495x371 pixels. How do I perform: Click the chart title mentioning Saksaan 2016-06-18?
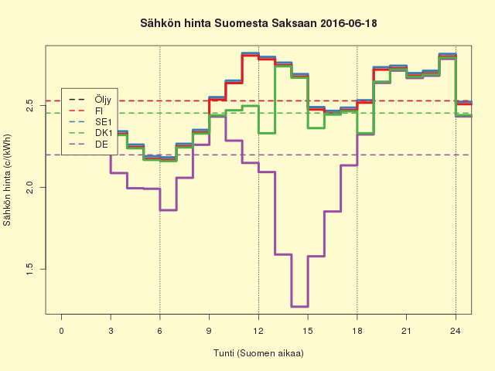[x=258, y=24]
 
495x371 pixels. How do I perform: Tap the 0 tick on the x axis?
[x=62, y=331]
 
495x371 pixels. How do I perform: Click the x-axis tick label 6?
[x=160, y=331]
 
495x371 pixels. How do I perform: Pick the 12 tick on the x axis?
[x=258, y=331]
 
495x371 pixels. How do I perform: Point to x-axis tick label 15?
[x=308, y=331]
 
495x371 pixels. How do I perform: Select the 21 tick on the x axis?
[x=406, y=331]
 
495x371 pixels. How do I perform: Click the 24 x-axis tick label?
[x=456, y=331]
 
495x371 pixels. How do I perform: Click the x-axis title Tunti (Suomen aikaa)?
[x=258, y=353]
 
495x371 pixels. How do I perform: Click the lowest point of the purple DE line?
[x=299, y=307]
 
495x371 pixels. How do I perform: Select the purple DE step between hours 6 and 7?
[x=169, y=209]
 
